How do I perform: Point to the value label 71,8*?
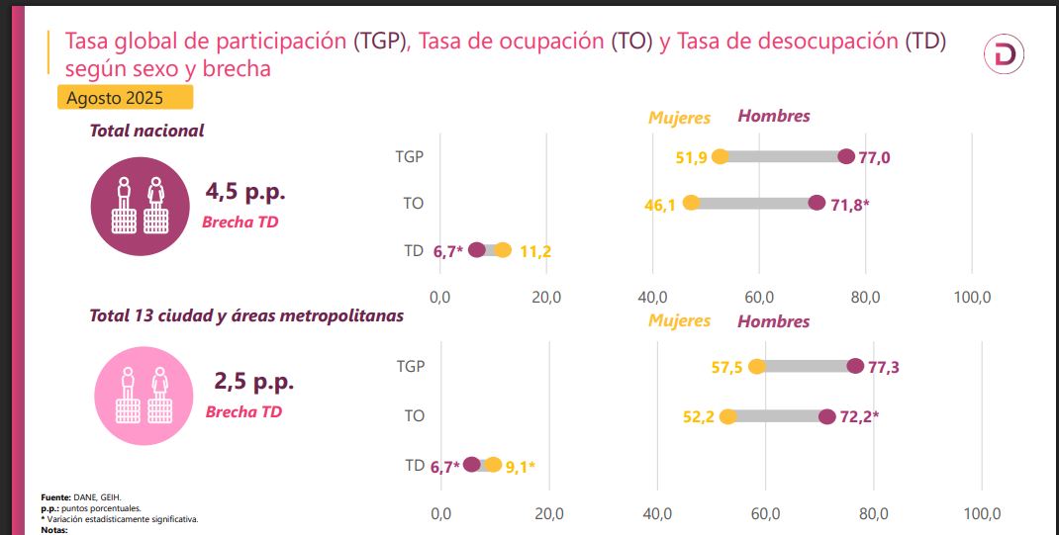click(849, 205)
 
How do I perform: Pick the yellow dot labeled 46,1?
click(691, 203)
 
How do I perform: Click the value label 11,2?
click(534, 251)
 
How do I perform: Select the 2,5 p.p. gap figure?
click(253, 381)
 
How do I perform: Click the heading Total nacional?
click(146, 131)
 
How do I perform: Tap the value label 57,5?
click(727, 368)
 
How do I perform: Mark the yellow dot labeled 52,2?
click(727, 416)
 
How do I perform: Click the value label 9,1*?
click(521, 466)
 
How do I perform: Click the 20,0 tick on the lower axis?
click(548, 513)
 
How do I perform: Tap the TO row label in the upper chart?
click(414, 204)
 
